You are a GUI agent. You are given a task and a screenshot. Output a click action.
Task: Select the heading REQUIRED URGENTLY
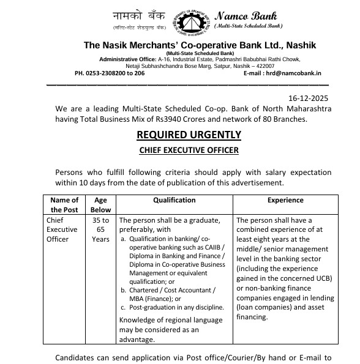[189, 135]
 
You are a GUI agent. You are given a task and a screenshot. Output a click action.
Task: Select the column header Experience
[285, 200]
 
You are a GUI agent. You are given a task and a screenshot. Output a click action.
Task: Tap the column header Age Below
[100, 204]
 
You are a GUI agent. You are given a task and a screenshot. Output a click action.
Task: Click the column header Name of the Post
[64, 204]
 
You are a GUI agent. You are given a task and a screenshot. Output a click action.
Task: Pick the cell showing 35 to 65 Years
[100, 229]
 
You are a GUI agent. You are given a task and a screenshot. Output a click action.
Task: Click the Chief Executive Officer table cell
[62, 229]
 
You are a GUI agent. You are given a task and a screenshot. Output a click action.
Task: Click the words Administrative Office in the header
[125, 59]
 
